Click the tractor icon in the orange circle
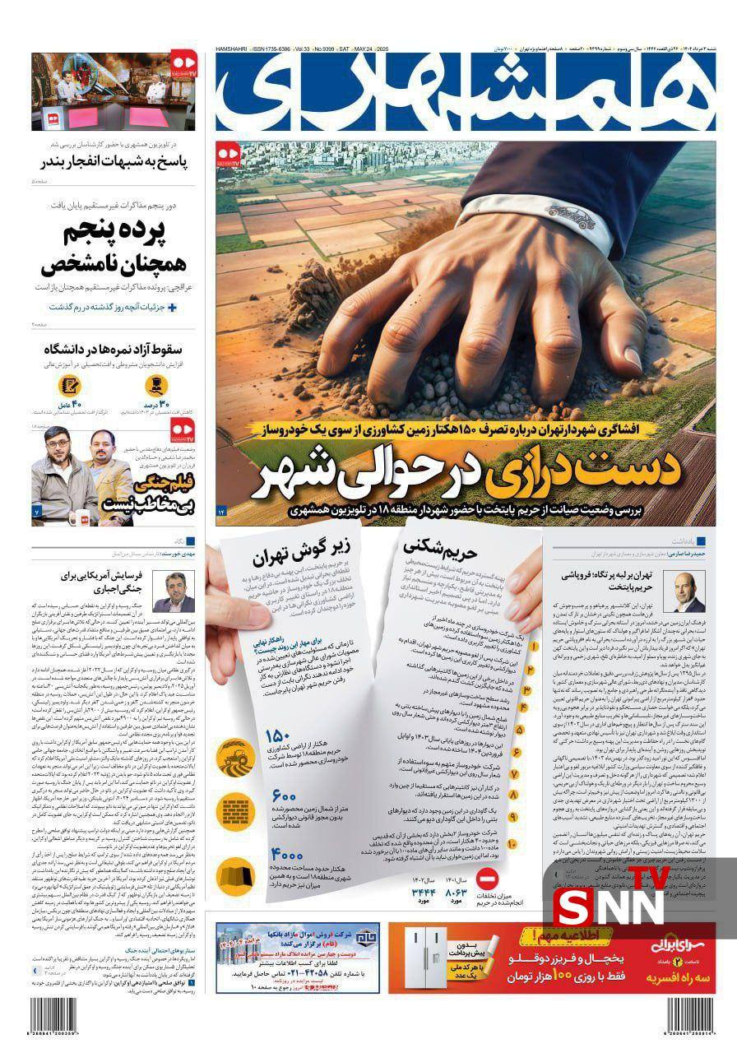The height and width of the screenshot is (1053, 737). click(x=234, y=750)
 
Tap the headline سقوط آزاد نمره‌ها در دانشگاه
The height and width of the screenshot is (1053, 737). click(x=114, y=346)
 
